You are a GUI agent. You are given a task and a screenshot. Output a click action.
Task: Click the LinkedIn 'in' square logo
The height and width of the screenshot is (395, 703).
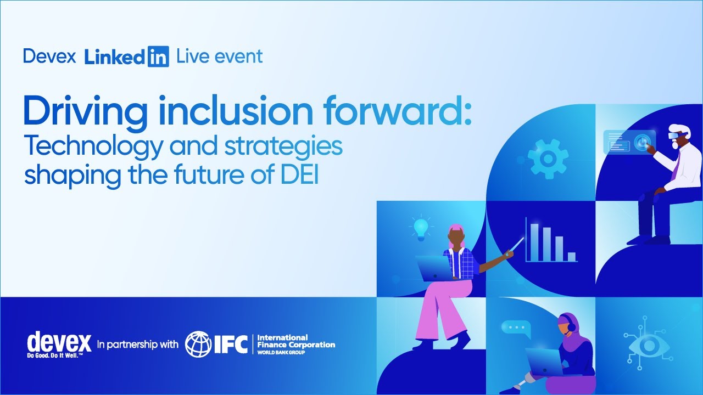(158, 57)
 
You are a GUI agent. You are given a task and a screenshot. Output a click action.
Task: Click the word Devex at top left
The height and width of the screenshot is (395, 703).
(49, 57)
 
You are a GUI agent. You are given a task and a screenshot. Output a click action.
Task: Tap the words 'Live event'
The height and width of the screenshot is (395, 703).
(219, 57)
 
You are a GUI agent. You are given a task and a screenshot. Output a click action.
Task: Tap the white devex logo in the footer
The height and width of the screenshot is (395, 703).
(59, 343)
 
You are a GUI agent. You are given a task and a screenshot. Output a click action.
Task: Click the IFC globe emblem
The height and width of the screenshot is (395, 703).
(198, 344)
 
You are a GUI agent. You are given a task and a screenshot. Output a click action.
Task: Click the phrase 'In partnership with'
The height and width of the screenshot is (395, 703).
(137, 345)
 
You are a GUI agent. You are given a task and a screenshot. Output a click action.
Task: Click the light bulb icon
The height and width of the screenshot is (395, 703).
(421, 228)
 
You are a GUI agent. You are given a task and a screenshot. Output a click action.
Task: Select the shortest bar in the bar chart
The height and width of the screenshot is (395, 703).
(571, 256)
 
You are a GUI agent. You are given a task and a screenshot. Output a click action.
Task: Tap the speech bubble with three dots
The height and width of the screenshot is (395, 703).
(516, 328)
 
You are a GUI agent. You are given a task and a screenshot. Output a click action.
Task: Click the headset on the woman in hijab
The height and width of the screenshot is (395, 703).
(571, 327)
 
